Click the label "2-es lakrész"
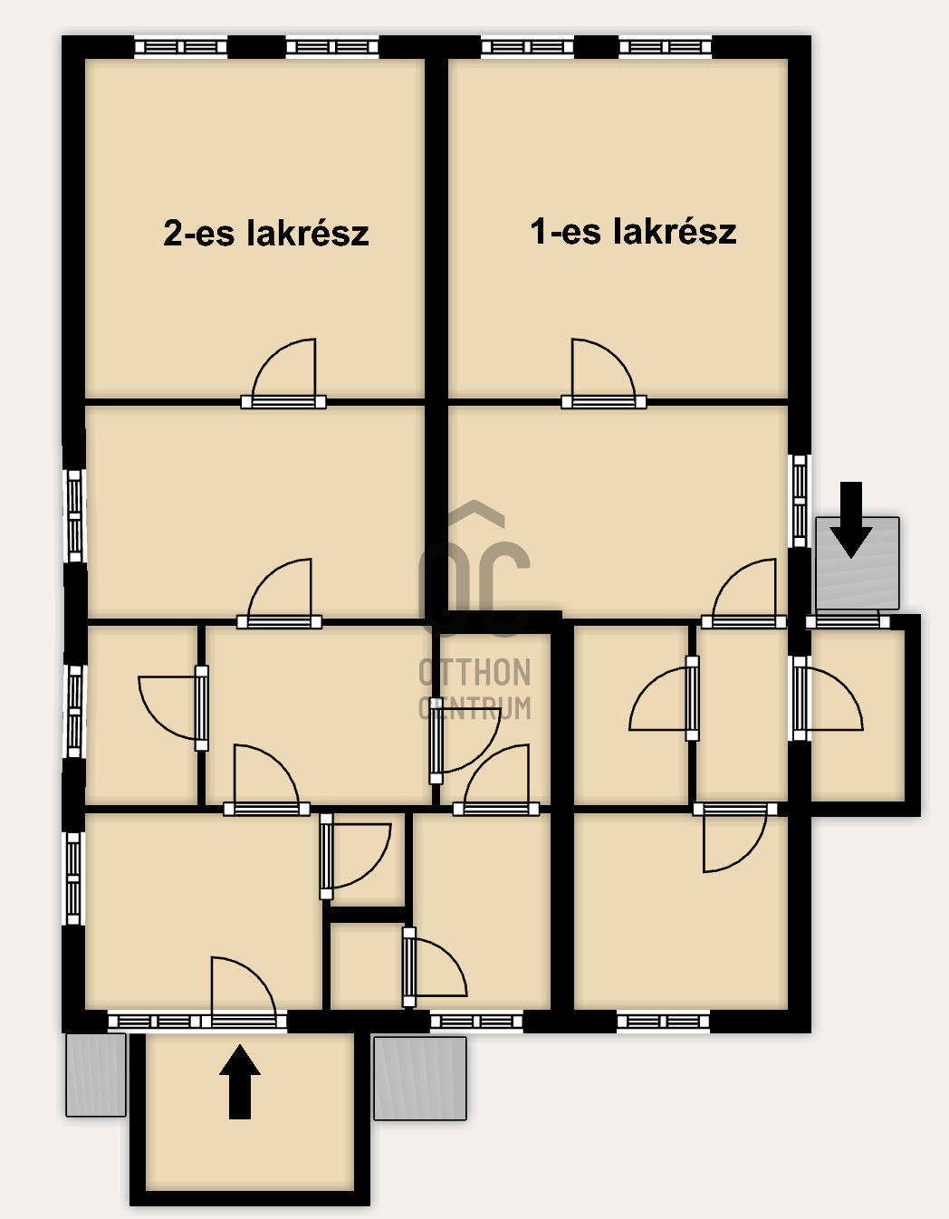pos(266,233)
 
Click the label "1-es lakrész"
pos(633,231)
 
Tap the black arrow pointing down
pos(851,520)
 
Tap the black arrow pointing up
pos(239,1081)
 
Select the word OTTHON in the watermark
pos(474,673)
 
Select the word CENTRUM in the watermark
pos(474,708)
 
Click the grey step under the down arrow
pos(857,563)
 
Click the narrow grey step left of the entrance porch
pos(96,1075)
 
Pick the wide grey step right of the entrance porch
pos(420,1079)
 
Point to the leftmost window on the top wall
pos(180,47)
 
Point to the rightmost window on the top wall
pos(666,47)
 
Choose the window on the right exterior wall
pos(800,501)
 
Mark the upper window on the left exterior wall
pos(74,515)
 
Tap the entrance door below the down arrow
pos(848,621)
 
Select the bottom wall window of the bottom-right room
pos(663,1022)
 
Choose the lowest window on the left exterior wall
pos(74,878)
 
